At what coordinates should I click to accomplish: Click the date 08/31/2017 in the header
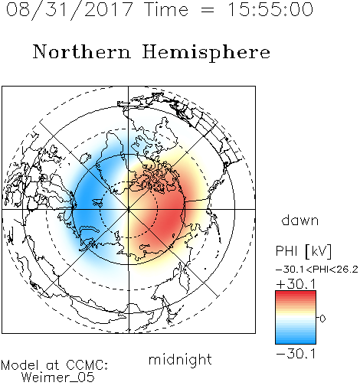[69, 9]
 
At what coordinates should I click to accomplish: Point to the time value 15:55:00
[270, 9]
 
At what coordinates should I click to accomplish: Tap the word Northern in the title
[82, 51]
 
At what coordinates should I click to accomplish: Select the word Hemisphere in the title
[206, 53]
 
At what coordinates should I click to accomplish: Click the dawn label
[300, 221]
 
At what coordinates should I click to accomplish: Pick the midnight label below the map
[180, 360]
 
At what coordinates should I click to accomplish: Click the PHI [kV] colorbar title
[303, 251]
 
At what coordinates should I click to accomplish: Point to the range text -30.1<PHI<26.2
[317, 270]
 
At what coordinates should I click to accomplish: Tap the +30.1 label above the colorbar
[296, 284]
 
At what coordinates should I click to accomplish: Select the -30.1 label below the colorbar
[296, 354]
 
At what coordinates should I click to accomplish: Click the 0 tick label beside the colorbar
[322, 319]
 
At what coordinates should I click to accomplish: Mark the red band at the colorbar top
[296, 295]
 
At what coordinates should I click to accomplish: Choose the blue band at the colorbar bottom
[296, 340]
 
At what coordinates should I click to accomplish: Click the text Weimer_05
[58, 377]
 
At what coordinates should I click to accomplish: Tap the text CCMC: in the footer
[87, 365]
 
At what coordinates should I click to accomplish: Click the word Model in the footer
[20, 365]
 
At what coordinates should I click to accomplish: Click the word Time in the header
[166, 9]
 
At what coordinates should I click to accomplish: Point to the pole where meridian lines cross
[129, 209]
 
